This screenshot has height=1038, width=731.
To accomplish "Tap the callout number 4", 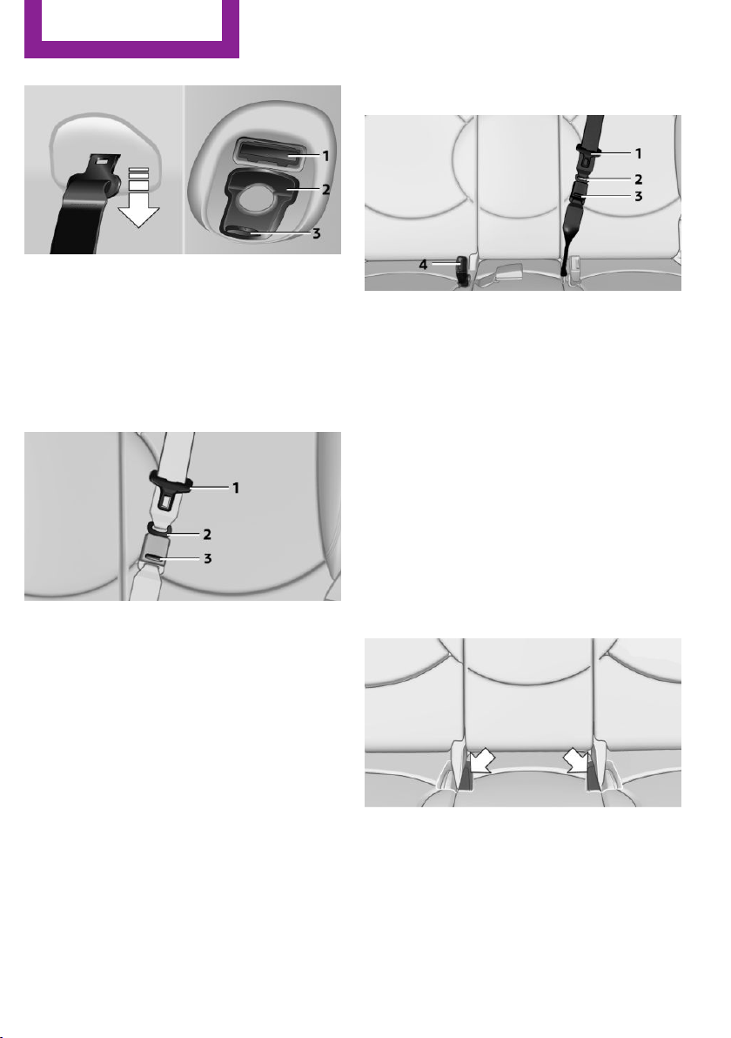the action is point(423,265).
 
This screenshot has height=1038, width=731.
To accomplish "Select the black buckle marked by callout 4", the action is point(462,270).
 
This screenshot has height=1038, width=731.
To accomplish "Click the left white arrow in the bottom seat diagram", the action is point(480,762).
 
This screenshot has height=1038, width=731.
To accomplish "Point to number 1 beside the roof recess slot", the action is point(325,156).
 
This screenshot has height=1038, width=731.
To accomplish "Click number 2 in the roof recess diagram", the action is point(325,189).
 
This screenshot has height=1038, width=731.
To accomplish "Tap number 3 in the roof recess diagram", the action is point(317,233).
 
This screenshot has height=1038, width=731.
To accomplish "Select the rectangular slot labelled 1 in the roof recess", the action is point(269,152).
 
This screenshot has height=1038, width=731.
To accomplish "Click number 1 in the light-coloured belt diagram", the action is point(235,488).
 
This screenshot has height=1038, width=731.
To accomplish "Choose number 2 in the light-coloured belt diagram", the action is point(207,534).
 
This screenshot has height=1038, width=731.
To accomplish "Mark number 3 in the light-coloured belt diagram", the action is point(207,559).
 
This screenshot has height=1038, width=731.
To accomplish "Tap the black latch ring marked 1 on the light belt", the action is point(171,484).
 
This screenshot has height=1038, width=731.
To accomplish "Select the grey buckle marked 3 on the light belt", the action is point(156,550).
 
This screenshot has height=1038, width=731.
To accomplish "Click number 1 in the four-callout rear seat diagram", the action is point(639,153).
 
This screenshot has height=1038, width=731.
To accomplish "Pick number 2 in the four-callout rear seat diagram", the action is point(639,179).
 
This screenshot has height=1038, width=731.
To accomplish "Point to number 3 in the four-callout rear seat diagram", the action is point(639,197).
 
